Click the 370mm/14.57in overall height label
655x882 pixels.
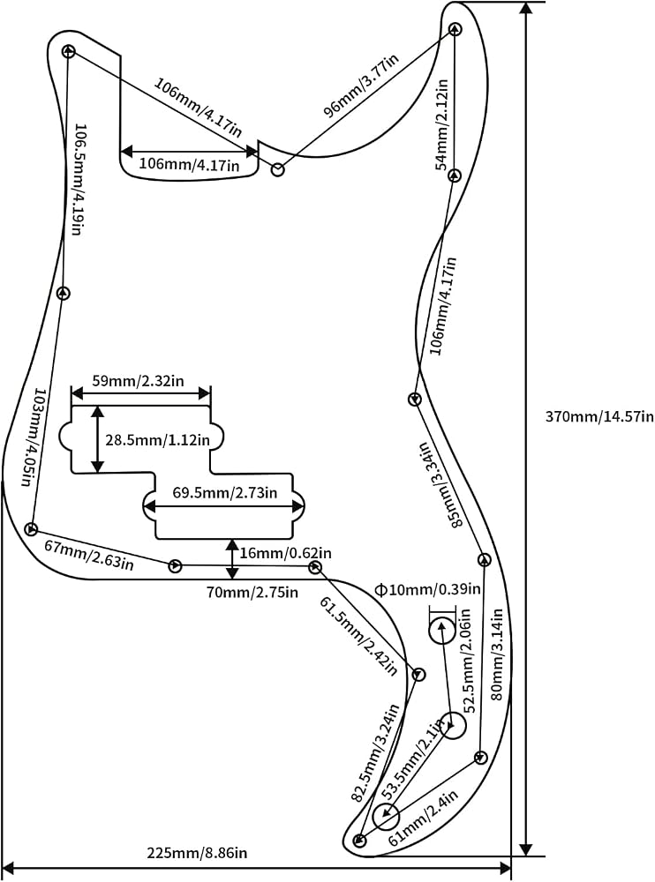599,417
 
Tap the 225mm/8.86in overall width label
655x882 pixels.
197,853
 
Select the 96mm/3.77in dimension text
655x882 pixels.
360,86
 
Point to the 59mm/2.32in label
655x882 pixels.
138,381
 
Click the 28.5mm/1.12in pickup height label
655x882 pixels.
158,439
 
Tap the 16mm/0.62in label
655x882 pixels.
285,553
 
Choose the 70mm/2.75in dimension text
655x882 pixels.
252,592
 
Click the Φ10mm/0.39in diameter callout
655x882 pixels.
428,589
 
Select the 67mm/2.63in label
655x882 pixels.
89,554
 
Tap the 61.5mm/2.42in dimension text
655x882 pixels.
359,636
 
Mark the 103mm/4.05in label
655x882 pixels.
31,437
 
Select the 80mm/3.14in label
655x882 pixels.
497,654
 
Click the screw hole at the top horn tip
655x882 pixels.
455,28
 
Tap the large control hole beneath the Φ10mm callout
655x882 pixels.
442,632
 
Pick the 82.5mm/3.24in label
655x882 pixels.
375,752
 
